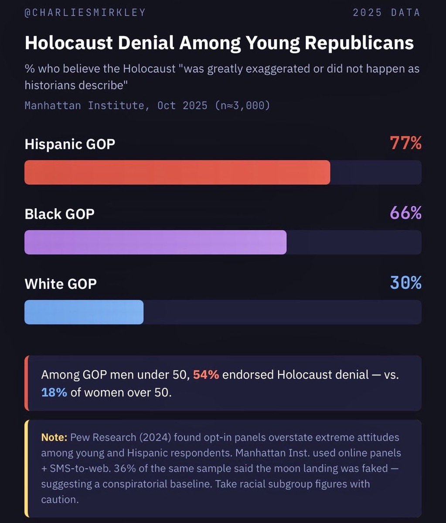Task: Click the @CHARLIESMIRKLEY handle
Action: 85,13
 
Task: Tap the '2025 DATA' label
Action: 386,13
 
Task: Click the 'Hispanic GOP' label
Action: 70,144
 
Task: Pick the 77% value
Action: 405,143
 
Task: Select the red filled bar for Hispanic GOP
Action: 177,173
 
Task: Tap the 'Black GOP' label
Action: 59,214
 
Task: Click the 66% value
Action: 405,213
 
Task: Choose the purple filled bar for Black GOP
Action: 155,242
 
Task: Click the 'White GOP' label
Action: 61,284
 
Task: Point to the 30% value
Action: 405,283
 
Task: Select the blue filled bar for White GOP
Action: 84,312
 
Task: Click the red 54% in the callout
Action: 206,375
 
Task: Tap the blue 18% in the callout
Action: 54,392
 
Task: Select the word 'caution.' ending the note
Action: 60,499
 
